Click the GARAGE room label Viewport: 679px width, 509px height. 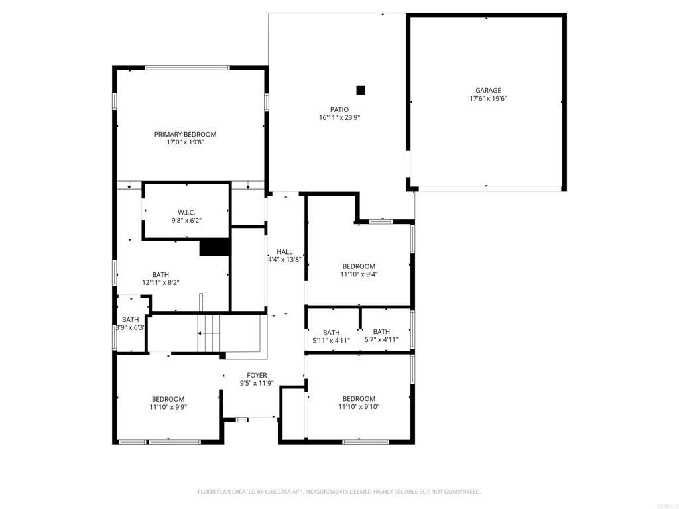[487, 91]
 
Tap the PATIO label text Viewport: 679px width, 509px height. [339, 110]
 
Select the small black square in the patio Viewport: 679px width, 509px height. [361, 90]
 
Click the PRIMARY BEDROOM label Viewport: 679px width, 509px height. [186, 134]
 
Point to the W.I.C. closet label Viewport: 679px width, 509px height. [186, 212]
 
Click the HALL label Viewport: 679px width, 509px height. [284, 252]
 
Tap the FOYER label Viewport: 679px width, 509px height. [257, 375]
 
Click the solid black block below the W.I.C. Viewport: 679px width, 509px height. [214, 247]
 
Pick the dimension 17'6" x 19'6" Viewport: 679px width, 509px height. [487, 99]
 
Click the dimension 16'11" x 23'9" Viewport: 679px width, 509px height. [339, 118]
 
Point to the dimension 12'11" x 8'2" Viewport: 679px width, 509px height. [160, 282]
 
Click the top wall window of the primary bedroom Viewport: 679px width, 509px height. [187, 67]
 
